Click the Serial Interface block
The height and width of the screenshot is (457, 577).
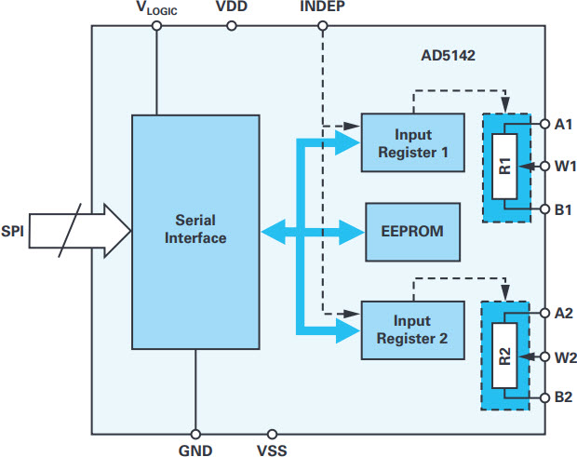195,232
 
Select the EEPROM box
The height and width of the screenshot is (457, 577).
412,232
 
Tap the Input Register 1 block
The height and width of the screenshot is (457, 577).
412,142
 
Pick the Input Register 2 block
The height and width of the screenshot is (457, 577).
412,330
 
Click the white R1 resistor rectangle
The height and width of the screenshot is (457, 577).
504,167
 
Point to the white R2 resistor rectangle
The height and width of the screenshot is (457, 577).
504,355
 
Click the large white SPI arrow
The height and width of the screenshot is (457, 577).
80,231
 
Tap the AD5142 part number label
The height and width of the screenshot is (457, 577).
448,56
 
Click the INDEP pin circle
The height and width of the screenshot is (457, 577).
323,26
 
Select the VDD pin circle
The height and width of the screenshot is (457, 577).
232,26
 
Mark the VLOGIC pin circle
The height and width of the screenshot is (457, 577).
156,26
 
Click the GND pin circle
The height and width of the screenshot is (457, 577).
195,434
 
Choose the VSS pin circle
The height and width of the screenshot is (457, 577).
272,434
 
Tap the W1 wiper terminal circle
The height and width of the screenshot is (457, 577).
545,167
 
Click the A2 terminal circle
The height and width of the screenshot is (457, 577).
545,313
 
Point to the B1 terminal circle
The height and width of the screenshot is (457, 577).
545,209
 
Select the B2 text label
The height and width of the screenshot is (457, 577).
563,397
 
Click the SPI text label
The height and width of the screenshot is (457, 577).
12,231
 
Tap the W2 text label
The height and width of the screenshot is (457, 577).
566,357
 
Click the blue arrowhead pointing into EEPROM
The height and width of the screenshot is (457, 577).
352,232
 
